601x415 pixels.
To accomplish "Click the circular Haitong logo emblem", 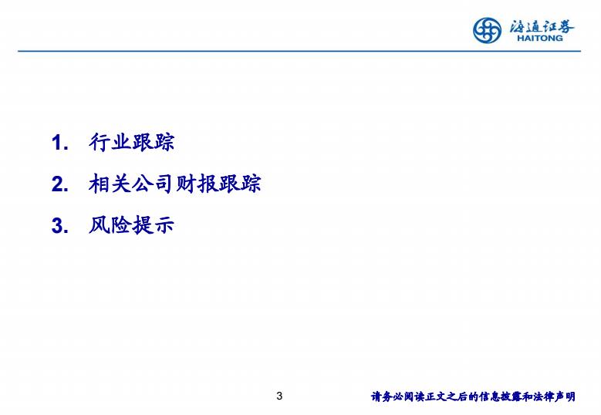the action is [x=487, y=30].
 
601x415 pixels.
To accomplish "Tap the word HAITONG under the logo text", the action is [x=540, y=38].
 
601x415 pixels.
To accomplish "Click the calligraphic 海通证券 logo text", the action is [x=542, y=26].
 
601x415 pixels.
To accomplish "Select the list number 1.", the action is [x=60, y=143].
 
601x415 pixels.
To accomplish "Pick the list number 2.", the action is [x=60, y=184].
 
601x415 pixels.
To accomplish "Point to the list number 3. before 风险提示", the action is [x=60, y=225].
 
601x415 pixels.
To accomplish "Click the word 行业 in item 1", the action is [x=110, y=142].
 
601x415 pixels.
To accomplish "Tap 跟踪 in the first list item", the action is [x=153, y=142].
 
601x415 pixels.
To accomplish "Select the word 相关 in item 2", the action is [x=110, y=184].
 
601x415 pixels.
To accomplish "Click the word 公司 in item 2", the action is [x=153, y=184].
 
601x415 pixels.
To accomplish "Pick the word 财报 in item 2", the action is [x=196, y=184].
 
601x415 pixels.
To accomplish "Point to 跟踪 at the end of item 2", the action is [x=240, y=184].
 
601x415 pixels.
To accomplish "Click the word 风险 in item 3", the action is [x=110, y=225].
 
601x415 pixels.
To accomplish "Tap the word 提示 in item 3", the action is [x=153, y=225].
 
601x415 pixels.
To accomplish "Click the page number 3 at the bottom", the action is [x=279, y=396].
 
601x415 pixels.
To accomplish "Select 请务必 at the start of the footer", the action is [x=387, y=396].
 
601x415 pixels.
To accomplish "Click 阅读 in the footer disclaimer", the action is [x=414, y=396].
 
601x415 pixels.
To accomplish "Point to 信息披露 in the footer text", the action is [x=501, y=396].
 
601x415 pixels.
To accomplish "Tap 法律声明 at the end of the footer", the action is [x=554, y=396].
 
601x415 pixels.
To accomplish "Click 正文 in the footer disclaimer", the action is [x=435, y=396].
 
